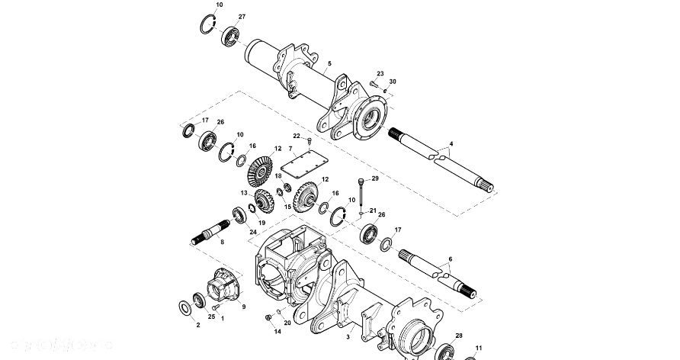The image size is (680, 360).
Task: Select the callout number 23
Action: (x=380, y=74)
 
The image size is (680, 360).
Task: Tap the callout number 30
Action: (x=393, y=82)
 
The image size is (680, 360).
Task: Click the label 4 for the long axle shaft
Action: (x=451, y=143)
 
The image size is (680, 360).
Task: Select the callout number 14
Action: (x=277, y=331)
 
